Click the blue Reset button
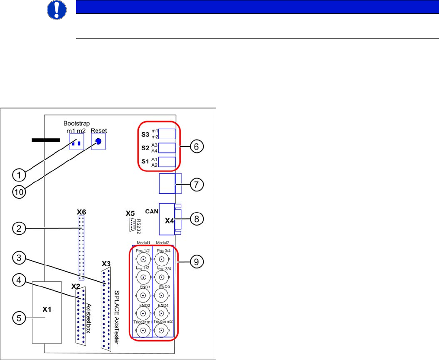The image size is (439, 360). tap(99, 141)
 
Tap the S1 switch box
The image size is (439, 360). tap(167, 162)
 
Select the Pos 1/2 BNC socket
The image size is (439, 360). tap(142, 260)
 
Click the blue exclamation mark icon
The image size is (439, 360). tap(56, 9)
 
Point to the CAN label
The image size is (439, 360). tap(151, 211)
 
